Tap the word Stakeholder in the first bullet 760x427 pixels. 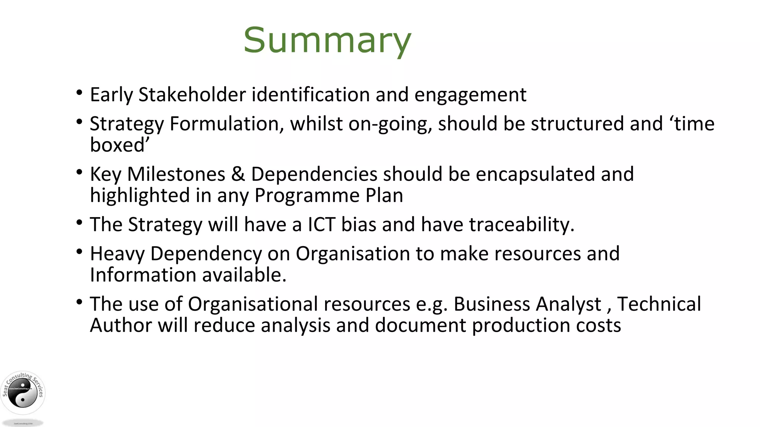[192, 95]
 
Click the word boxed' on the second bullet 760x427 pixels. [119, 145]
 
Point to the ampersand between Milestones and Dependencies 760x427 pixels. [238, 174]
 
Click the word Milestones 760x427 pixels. [176, 174]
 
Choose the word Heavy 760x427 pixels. [117, 254]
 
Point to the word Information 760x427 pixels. [143, 275]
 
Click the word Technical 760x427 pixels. [659, 304]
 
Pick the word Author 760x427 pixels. [121, 325]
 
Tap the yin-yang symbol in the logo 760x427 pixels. [23, 395]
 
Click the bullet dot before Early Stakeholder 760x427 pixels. [79, 93]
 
